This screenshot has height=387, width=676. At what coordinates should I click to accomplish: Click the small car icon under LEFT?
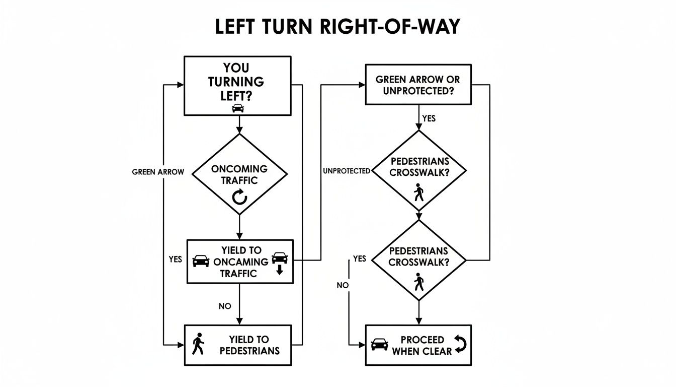click(x=238, y=108)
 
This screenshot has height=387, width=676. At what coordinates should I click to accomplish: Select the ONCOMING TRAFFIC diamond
click(x=239, y=174)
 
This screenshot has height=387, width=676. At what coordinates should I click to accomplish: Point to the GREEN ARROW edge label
click(x=158, y=172)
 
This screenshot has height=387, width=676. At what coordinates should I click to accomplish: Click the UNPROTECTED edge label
click(x=346, y=171)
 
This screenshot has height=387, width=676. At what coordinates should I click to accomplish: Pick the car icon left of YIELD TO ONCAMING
click(x=201, y=261)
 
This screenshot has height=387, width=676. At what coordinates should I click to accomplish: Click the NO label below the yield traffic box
click(x=225, y=305)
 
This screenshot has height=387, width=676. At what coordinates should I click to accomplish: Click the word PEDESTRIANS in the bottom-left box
click(x=249, y=351)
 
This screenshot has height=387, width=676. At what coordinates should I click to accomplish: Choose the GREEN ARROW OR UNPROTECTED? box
click(x=418, y=84)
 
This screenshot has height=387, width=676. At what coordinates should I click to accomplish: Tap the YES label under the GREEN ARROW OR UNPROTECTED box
click(x=429, y=118)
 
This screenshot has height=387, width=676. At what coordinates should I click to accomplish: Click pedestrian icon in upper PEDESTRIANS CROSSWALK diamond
click(x=419, y=192)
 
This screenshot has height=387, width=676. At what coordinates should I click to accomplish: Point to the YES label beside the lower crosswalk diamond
click(x=360, y=259)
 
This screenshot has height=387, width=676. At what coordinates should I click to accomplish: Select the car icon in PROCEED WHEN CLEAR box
click(x=379, y=344)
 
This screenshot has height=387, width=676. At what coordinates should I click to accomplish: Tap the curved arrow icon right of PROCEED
click(x=460, y=344)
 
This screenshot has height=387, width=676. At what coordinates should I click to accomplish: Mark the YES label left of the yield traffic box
click(x=176, y=260)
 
